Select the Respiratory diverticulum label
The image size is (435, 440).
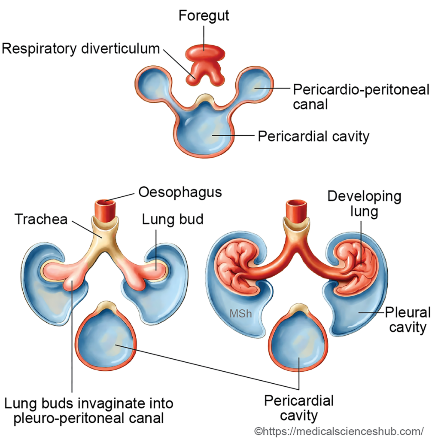click(81, 48)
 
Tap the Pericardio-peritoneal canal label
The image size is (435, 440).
click(361, 97)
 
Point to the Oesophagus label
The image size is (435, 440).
click(180, 192)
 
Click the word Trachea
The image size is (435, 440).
click(41, 219)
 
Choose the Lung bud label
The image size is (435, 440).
click(173, 219)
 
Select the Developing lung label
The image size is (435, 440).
click(364, 204)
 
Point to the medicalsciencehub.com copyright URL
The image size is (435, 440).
click(339, 431)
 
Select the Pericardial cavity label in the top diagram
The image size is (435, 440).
click(313, 137)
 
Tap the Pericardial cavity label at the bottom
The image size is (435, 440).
click(298, 408)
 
